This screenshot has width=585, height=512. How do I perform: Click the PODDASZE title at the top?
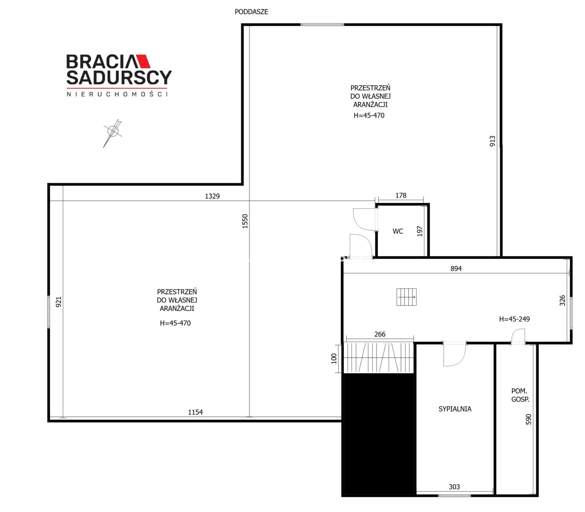click(x=252, y=12)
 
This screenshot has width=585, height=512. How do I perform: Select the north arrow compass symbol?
click(x=113, y=133)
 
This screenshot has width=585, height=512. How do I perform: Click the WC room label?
click(x=398, y=231)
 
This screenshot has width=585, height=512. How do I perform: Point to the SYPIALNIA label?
click(x=455, y=409)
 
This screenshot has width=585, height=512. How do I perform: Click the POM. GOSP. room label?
click(x=520, y=395)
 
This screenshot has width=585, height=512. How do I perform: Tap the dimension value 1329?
click(x=212, y=196)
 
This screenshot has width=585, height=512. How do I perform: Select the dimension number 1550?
click(x=245, y=221)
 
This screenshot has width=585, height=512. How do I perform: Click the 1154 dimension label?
click(x=195, y=412)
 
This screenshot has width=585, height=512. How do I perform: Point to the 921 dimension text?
click(x=58, y=302)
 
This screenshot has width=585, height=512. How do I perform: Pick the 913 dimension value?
click(x=492, y=141)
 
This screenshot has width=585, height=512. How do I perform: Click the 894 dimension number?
click(x=456, y=268)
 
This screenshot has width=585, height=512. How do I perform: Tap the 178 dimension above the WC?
click(x=401, y=195)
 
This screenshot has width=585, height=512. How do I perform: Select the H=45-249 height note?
click(x=515, y=319)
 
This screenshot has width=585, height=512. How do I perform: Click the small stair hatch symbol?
click(x=407, y=297)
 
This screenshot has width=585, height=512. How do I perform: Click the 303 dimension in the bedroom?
click(x=454, y=487)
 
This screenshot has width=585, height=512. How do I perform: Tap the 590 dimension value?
click(x=529, y=419)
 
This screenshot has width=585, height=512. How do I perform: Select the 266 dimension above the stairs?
click(x=380, y=334)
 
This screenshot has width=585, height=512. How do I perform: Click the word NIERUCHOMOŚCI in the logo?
click(x=117, y=94)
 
